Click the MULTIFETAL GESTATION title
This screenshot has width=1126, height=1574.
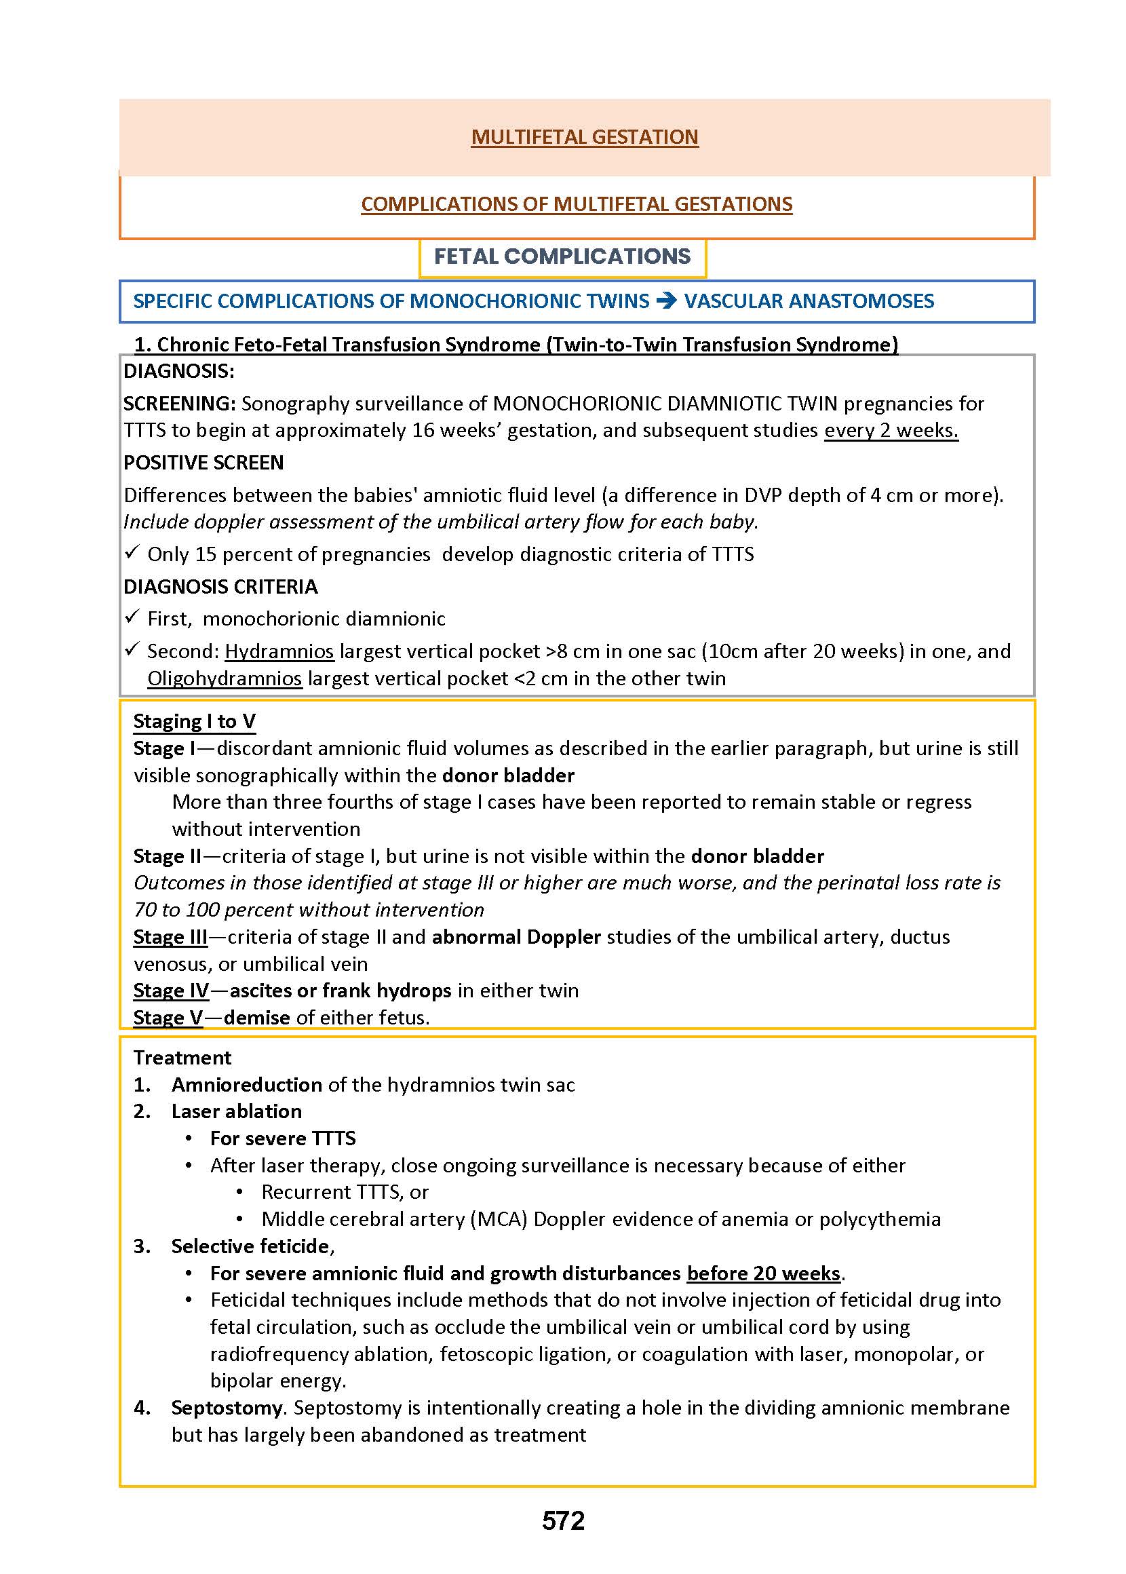[585, 137]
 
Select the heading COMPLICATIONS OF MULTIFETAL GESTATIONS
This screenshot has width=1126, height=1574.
[576, 204]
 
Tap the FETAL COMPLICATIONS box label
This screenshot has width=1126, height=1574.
[562, 256]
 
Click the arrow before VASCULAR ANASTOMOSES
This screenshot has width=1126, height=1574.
[666, 301]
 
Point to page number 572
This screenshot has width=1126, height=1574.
[563, 1520]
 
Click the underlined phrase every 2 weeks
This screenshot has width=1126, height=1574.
[891, 431]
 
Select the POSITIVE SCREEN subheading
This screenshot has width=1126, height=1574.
[203, 463]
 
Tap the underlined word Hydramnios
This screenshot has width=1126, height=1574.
[279, 651]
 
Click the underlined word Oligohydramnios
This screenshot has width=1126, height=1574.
[225, 678]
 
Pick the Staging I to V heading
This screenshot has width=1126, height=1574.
[194, 721]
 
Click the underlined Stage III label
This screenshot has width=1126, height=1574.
[170, 937]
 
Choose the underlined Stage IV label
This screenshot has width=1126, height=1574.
[170, 990]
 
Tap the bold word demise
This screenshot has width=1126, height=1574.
[256, 1017]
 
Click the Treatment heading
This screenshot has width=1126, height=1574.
[182, 1058]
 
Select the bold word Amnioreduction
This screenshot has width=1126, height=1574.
[247, 1084]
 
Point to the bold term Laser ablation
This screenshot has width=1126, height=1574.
[237, 1111]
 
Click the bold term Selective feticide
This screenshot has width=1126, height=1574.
[250, 1246]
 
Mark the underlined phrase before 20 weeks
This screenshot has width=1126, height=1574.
[763, 1273]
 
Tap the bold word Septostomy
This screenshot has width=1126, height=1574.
[227, 1408]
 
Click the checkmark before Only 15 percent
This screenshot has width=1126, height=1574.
[132, 553]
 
